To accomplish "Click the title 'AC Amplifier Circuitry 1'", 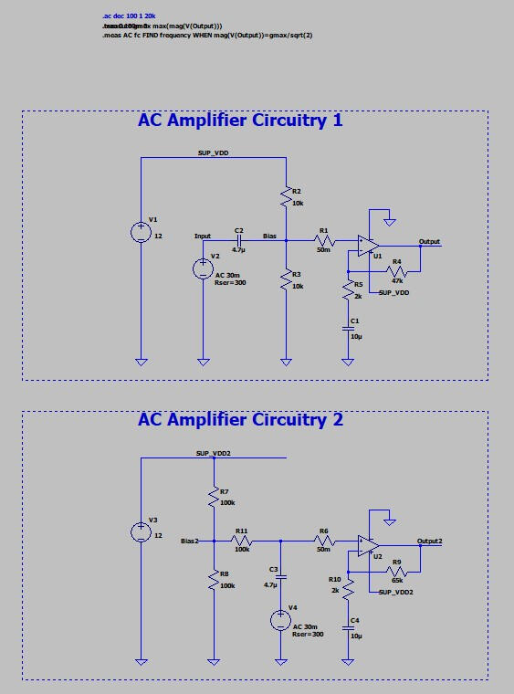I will [x=240, y=121].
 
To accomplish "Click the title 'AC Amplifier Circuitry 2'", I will [x=240, y=420].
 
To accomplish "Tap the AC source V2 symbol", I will [x=202, y=268].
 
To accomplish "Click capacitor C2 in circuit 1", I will [x=238, y=241].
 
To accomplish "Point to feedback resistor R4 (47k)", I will [x=397, y=272].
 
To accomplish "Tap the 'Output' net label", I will [x=429, y=242].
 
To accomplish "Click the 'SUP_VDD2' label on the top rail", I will [x=214, y=453].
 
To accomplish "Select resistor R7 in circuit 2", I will [x=213, y=498].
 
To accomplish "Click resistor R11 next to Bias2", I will [x=242, y=541].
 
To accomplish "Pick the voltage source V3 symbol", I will [x=142, y=531].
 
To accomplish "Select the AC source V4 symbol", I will [x=280, y=620].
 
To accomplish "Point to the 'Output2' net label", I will [x=430, y=541].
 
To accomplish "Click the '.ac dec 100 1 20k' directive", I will [x=131, y=17].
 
